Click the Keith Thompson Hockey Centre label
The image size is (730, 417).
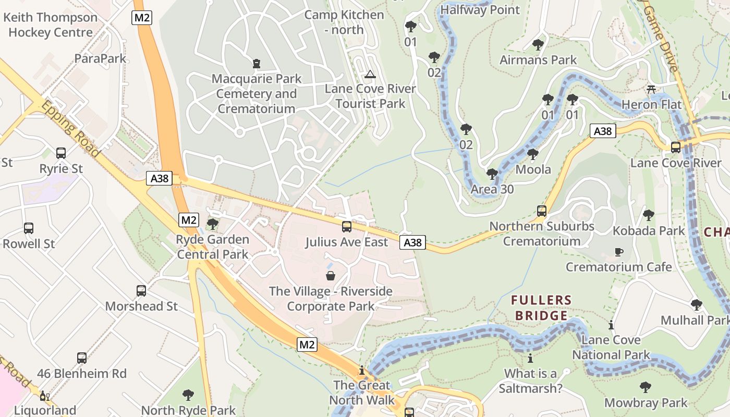[x=50, y=24]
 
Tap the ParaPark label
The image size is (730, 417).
[x=100, y=58]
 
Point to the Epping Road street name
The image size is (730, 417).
[x=70, y=129]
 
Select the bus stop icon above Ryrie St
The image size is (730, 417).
[x=61, y=153]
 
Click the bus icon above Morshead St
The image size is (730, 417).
[x=141, y=291]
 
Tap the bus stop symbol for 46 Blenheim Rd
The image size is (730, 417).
[x=82, y=358]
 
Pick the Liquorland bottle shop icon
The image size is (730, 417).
[x=45, y=396]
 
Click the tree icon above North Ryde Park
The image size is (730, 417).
[x=188, y=395]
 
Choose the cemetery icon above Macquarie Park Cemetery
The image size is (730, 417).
[x=256, y=64]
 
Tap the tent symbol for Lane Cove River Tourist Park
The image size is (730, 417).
[x=370, y=74]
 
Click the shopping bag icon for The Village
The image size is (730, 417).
[x=331, y=276]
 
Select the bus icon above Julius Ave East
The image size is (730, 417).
[x=347, y=227]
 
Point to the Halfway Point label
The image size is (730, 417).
[x=480, y=10]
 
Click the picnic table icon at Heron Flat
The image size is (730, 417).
[x=651, y=89]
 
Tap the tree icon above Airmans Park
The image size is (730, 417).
[x=538, y=45]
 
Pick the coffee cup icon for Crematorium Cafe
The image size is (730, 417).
[x=619, y=252]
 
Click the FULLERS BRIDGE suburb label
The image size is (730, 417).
[x=541, y=308]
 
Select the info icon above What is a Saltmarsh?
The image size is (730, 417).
[x=530, y=359]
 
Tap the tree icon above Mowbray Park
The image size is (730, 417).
[x=646, y=387]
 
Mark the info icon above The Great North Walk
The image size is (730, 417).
[x=362, y=371]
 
